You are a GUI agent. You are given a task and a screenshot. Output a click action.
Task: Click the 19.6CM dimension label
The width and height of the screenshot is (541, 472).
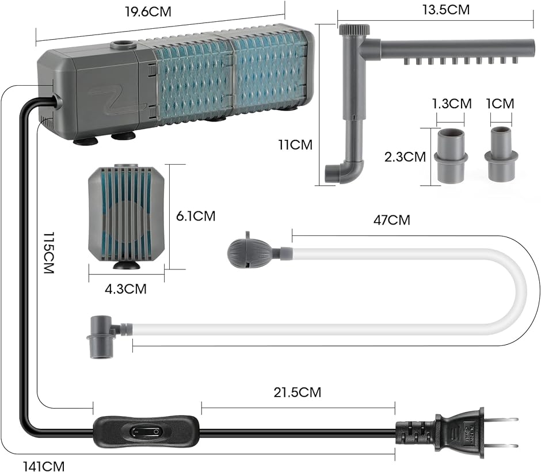pos(148,12)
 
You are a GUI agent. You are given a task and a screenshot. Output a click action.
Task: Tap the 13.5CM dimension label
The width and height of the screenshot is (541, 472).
pos(446,10)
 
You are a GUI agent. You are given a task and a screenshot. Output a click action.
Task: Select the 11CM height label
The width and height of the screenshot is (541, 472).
pos(296,144)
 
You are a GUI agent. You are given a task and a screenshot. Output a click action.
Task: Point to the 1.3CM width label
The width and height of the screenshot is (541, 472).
pos(452,104)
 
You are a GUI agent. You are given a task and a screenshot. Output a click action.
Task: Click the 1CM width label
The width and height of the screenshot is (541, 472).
pos(500,104)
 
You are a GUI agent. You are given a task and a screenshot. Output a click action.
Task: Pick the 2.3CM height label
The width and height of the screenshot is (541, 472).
pos(405,157)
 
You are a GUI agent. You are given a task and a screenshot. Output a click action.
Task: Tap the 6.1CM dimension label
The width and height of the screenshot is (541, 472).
pos(196,216)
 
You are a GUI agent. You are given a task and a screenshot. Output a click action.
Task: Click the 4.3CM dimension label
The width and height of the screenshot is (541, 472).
pos(125,289)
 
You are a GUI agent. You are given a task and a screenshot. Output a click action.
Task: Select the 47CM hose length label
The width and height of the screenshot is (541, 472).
pos(392,220)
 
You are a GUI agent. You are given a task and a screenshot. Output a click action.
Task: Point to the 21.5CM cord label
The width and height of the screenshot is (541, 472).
pos(298,393)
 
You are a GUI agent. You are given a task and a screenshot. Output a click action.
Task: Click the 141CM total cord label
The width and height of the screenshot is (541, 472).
pos(44,466)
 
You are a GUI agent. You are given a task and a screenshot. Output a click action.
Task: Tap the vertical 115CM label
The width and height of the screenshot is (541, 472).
pos(49,253)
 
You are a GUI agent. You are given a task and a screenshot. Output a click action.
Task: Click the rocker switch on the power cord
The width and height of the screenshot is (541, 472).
pos(145,431)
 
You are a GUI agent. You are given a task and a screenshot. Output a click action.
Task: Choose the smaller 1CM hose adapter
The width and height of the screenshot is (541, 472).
pos(501,154)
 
